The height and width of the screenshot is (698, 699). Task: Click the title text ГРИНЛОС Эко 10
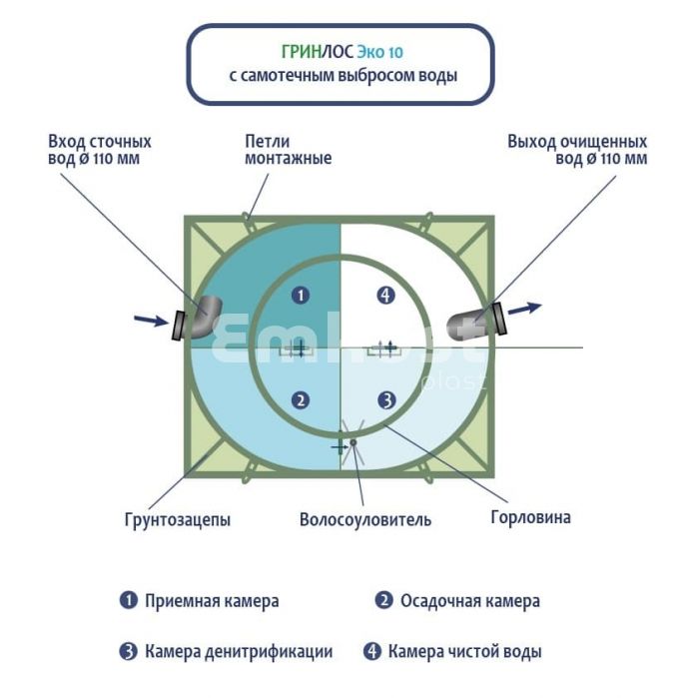(x=342, y=49)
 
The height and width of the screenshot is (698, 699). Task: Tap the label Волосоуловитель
(x=365, y=519)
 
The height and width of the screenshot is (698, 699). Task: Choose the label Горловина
(x=531, y=517)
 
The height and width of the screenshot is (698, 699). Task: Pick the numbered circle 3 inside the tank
(x=387, y=400)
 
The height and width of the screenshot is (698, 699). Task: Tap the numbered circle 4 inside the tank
(x=387, y=295)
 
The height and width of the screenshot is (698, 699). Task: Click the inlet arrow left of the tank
(x=150, y=320)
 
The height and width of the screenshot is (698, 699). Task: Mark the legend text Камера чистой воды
(x=465, y=652)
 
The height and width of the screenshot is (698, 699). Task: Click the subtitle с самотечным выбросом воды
(x=342, y=76)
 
